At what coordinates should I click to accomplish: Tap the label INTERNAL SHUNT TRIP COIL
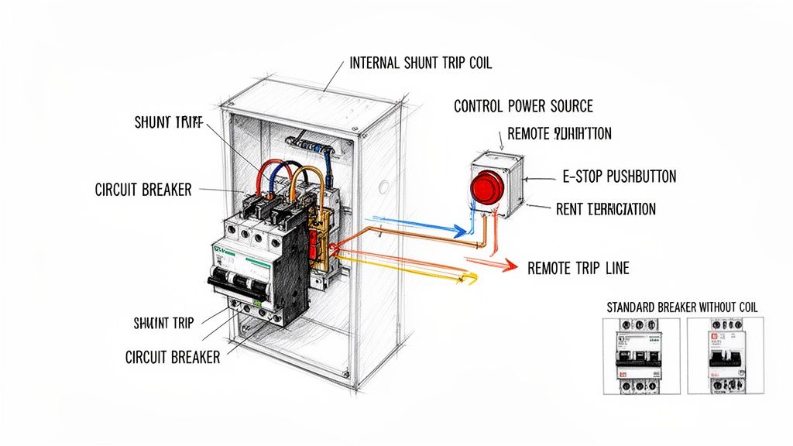421,63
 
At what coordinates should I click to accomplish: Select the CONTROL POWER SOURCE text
524,106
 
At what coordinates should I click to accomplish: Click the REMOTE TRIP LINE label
578,269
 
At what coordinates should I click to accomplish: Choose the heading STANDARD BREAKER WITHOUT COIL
681,307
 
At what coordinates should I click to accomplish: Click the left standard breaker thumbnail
640,355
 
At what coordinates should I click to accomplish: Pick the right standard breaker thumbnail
725,355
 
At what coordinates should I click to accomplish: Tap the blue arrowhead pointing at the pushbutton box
462,230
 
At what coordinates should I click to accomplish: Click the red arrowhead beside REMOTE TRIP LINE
508,266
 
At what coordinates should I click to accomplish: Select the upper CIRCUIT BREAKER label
143,190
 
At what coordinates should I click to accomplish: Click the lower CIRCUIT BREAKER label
173,357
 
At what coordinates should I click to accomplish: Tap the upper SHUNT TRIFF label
168,122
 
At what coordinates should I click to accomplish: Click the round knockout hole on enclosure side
382,186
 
